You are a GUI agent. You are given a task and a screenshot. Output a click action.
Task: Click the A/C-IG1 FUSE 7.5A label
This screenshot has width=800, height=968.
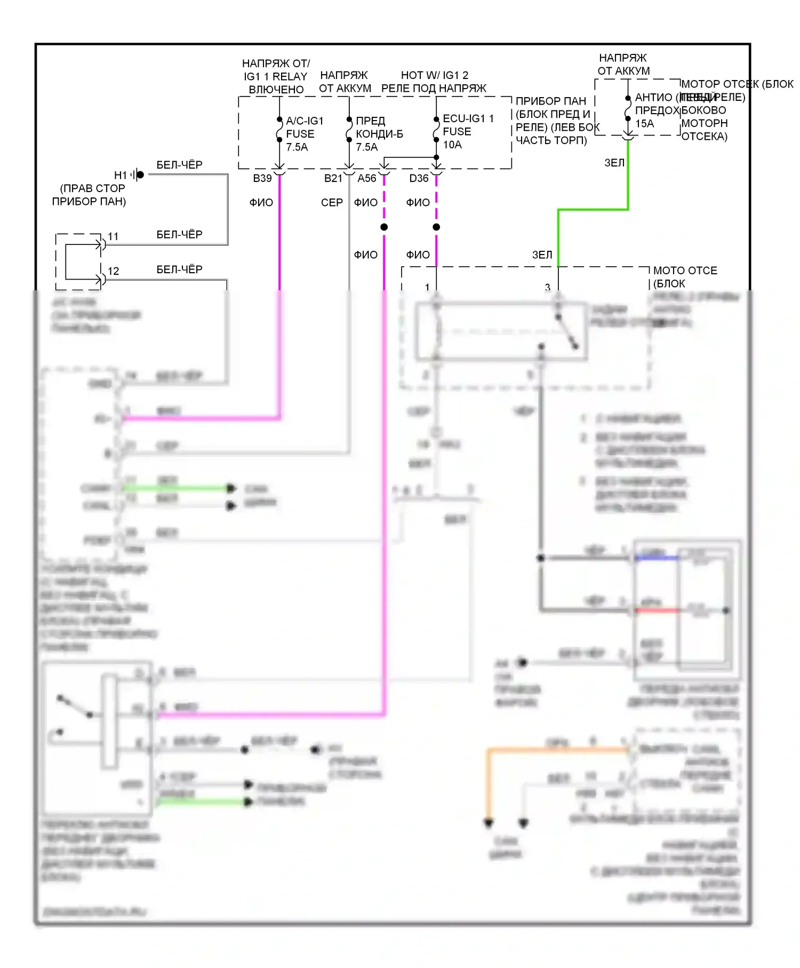304,134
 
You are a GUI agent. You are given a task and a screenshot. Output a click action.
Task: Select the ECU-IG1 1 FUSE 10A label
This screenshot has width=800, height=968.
468,131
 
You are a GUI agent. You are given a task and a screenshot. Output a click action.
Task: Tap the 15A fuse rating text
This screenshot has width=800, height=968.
644,124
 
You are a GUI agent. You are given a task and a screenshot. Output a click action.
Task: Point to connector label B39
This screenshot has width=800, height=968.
262,178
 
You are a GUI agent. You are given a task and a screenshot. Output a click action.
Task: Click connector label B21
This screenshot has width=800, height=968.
333,178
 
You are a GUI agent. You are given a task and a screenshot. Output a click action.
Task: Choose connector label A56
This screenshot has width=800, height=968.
366,178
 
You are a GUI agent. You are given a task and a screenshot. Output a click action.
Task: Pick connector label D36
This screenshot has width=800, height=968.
419,178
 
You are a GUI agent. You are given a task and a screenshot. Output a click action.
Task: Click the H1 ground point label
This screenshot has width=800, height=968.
121,175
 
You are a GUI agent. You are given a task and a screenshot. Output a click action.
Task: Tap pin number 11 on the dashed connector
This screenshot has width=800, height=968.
113,236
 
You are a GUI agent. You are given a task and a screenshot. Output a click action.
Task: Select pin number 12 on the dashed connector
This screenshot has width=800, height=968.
113,271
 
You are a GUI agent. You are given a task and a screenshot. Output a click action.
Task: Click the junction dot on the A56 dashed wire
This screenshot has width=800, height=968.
384,227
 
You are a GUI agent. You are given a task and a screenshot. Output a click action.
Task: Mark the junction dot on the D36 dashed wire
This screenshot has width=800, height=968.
436,227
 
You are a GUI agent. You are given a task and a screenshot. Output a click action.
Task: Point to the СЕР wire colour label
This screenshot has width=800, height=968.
331,203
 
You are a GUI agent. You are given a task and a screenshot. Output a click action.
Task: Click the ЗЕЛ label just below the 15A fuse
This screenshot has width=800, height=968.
614,163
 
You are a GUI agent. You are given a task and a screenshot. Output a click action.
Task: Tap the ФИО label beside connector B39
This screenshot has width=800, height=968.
261,203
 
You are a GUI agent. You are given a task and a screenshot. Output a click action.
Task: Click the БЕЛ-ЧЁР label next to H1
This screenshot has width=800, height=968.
179,165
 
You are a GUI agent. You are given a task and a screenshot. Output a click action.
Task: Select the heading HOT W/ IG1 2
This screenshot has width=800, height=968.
434,75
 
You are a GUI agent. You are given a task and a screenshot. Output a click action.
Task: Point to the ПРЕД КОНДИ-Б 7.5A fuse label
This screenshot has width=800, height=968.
379,134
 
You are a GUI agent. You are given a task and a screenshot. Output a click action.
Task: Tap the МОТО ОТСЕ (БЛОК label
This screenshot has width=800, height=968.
685,277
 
